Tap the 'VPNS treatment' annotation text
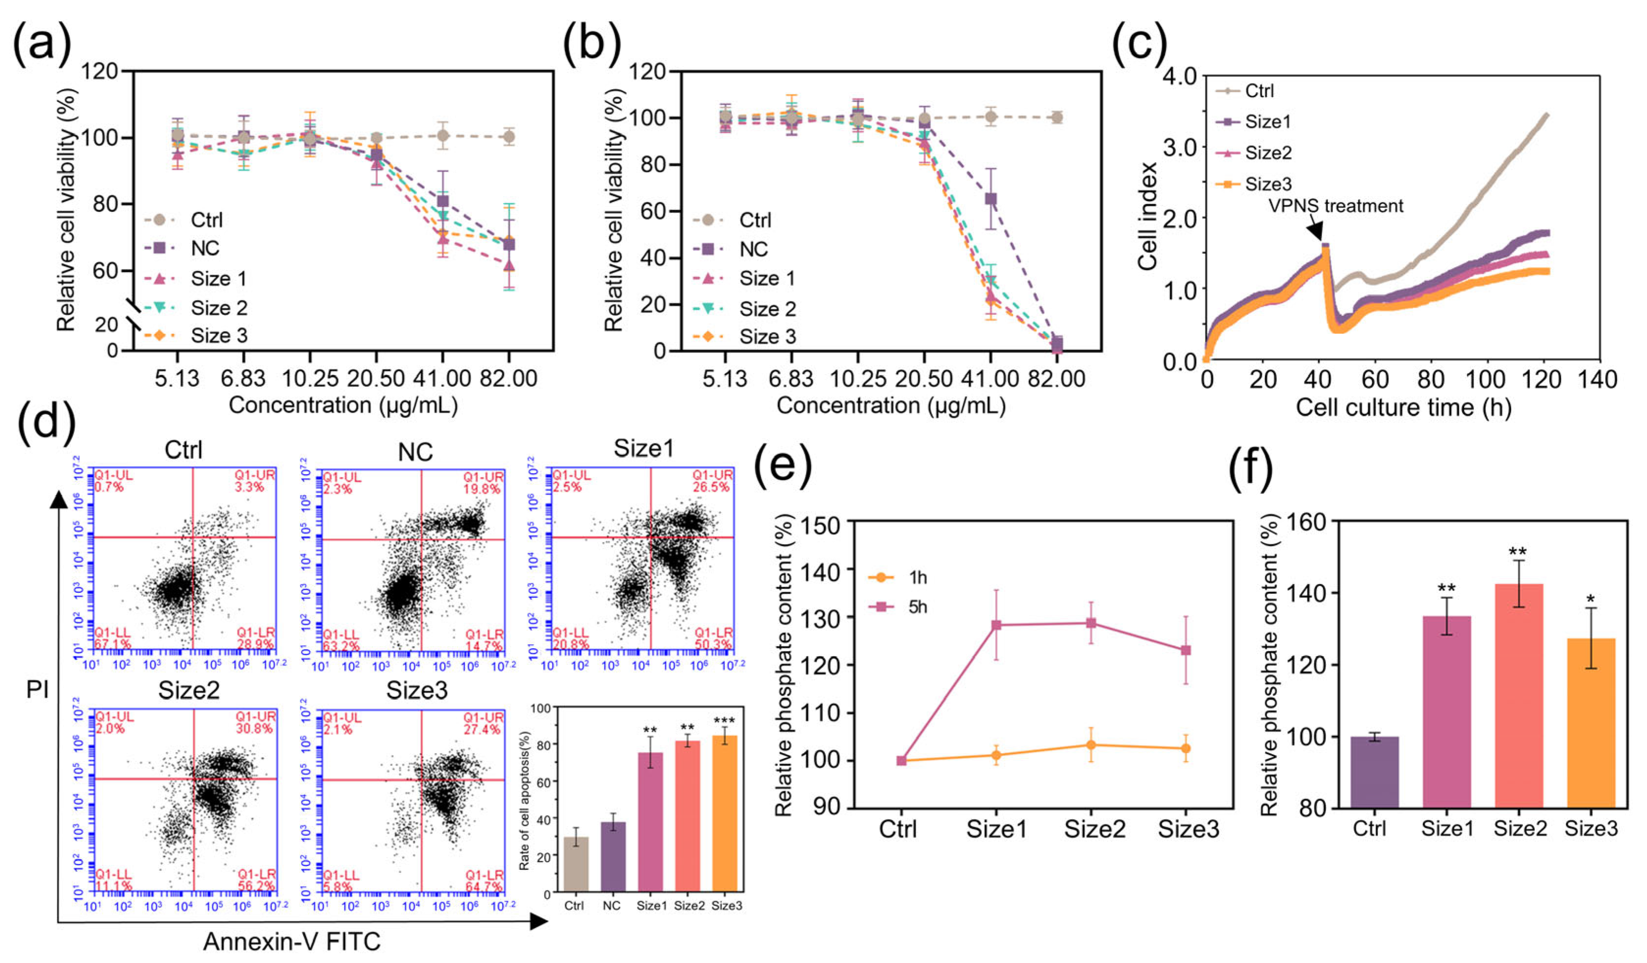click(1335, 206)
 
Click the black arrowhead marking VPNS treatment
click(1315, 230)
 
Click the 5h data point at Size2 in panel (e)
click(1091, 623)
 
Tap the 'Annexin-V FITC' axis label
click(292, 941)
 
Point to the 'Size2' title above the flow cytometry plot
click(189, 691)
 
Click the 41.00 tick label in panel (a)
click(443, 379)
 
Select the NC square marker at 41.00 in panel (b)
click(991, 199)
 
